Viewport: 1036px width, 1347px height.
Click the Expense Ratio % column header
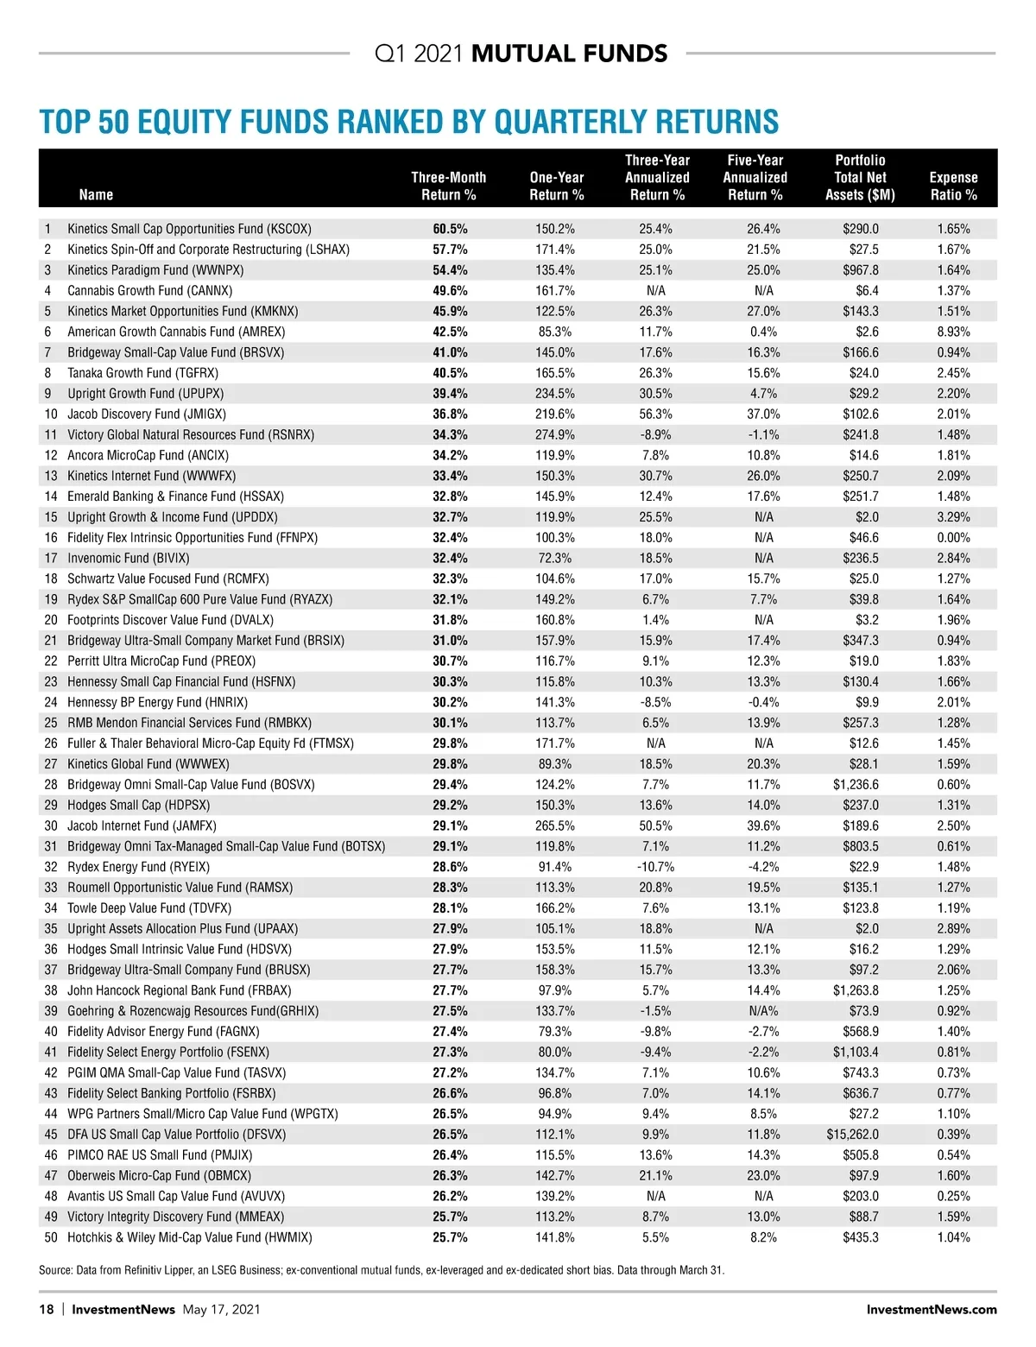tap(953, 186)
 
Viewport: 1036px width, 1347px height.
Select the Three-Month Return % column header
tap(448, 186)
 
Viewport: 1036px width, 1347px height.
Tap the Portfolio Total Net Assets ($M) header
tap(860, 178)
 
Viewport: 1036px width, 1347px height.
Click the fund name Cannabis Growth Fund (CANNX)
tap(149, 291)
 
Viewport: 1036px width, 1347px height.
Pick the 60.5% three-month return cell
tap(450, 229)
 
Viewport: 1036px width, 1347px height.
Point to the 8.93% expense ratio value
tap(953, 332)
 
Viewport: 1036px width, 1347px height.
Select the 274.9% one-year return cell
tap(555, 434)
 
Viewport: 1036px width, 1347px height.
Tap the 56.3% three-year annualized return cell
tap(655, 414)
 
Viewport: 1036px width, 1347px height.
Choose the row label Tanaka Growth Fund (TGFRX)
tap(142, 373)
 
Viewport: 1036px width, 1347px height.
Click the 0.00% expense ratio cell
tap(953, 537)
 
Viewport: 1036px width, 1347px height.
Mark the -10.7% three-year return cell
tap(655, 867)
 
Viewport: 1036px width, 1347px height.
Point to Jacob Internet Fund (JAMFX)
tap(142, 825)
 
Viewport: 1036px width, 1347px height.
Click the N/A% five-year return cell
tap(763, 1011)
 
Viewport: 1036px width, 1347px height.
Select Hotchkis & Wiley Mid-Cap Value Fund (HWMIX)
tap(190, 1237)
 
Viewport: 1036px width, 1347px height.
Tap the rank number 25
tap(51, 723)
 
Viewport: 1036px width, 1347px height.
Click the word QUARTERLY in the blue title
tap(558, 122)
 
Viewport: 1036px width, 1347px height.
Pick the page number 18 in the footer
tap(47, 1309)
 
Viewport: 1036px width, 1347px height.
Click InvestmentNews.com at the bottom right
tap(931, 1309)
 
